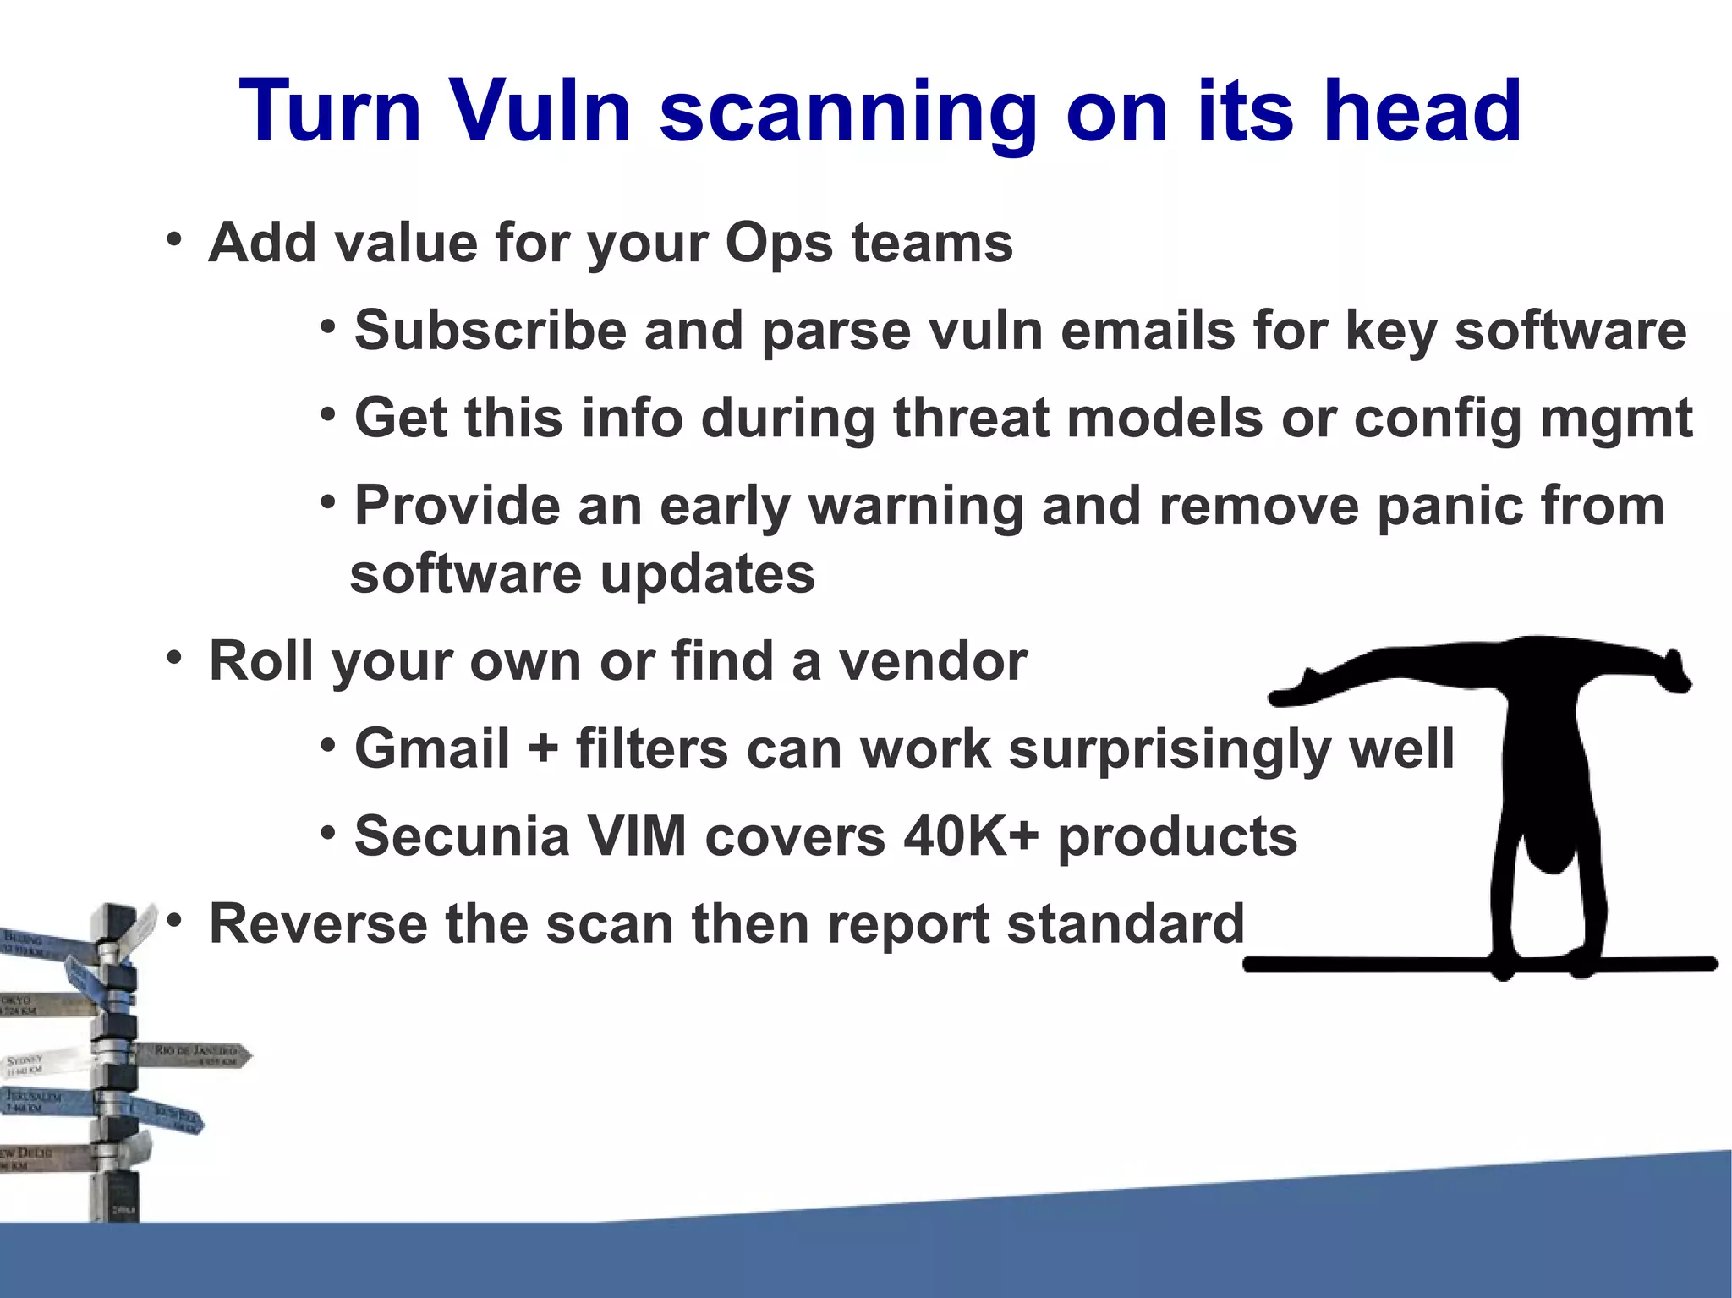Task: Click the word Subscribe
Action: [491, 331]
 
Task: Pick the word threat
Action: [971, 419]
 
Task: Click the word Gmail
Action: [432, 750]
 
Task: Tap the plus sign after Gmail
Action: [543, 750]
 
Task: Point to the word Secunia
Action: [463, 837]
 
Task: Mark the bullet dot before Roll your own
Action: [174, 657]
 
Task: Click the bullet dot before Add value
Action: [174, 239]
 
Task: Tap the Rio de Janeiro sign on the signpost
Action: [196, 1054]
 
